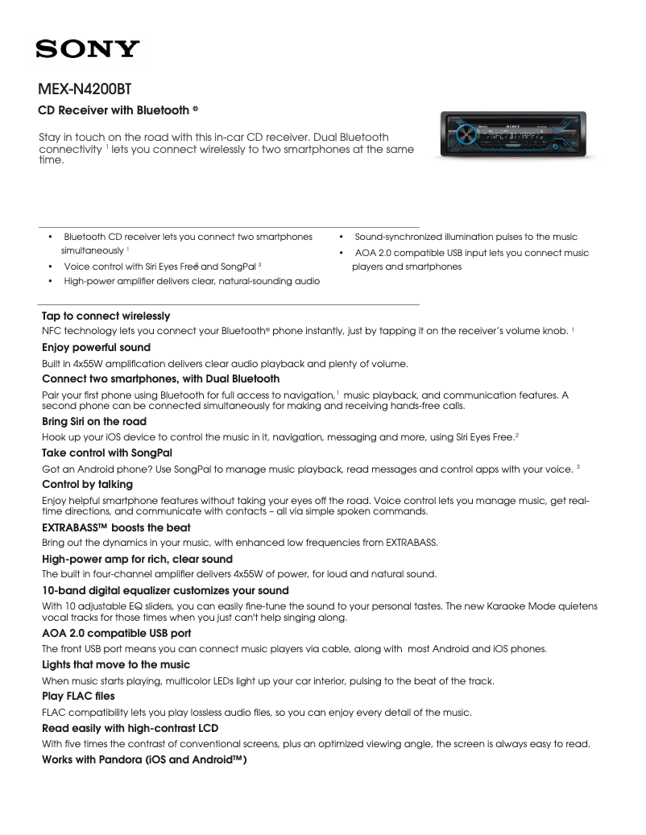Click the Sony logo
[87, 49]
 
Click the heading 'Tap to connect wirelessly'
[106, 316]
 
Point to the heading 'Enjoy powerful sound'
[96, 348]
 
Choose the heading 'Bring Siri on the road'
[94, 422]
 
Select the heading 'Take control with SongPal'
[107, 453]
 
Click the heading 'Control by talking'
[87, 485]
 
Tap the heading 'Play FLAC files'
[78, 696]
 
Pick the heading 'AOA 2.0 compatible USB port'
[116, 633]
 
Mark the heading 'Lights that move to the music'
[116, 664]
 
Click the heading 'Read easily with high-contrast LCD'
[130, 728]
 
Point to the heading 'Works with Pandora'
[143, 759]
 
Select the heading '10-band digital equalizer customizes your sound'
[161, 590]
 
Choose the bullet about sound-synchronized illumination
[466, 238]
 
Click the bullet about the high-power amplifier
[191, 281]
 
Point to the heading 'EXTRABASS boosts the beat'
[116, 528]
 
